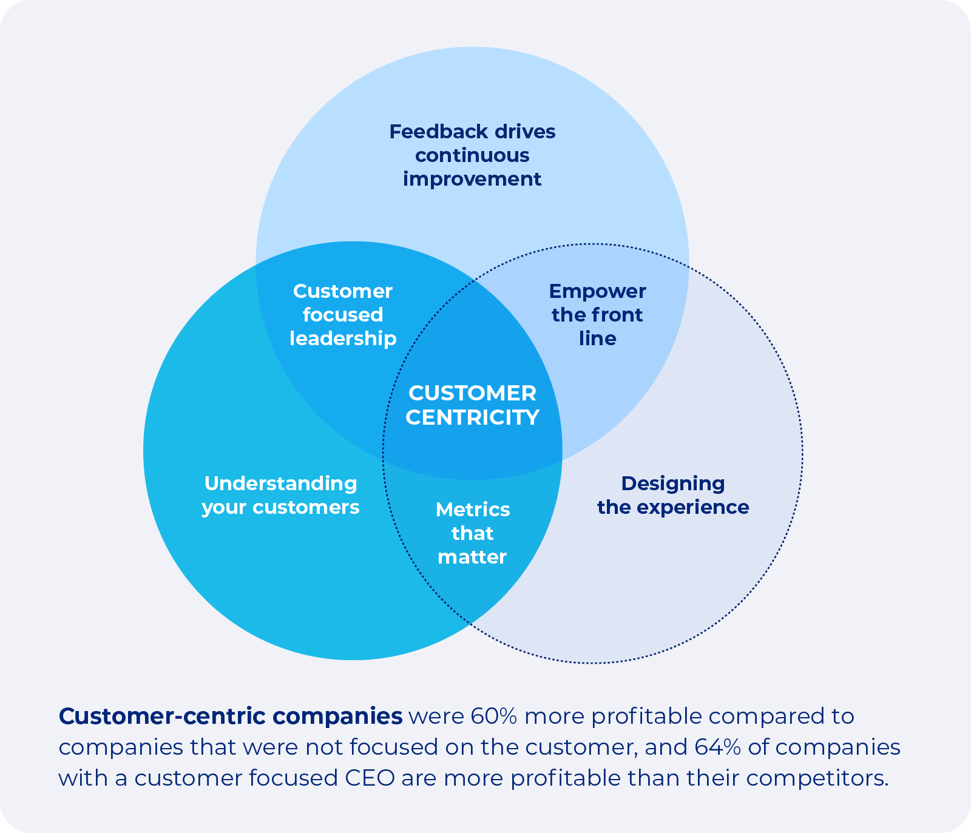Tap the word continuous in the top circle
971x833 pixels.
point(472,155)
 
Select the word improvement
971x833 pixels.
point(472,180)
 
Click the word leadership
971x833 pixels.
point(343,339)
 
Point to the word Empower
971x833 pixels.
point(597,292)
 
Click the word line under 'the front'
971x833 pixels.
point(597,339)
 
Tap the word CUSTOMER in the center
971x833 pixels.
point(472,393)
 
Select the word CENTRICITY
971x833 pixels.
point(472,417)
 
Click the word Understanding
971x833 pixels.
point(280,484)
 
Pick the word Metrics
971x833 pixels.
point(472,510)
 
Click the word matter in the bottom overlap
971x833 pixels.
point(472,557)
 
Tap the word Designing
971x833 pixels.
point(672,484)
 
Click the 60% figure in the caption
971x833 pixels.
point(493,717)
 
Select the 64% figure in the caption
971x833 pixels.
point(717,747)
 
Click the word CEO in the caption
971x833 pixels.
point(370,778)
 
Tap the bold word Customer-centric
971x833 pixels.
point(162,717)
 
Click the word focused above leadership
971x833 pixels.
point(343,315)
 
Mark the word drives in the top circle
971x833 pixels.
point(524,132)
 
